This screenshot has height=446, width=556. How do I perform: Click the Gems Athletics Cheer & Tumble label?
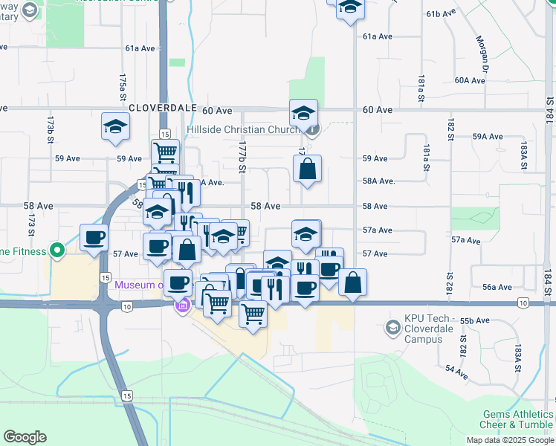[x=517, y=419]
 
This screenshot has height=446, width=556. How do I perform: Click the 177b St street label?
[x=242, y=158]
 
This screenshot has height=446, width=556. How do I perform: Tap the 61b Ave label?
[x=441, y=14]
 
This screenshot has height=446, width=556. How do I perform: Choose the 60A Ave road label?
[x=470, y=80]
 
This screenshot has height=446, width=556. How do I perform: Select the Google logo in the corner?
[x=25, y=436]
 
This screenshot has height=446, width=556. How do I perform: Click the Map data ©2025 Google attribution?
[x=510, y=440]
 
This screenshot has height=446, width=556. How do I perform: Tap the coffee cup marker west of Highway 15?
[x=94, y=238]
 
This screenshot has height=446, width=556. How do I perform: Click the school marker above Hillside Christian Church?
[x=303, y=114]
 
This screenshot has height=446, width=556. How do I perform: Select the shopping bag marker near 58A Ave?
[x=307, y=169]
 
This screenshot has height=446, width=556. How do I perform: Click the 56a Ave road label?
[x=497, y=287]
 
